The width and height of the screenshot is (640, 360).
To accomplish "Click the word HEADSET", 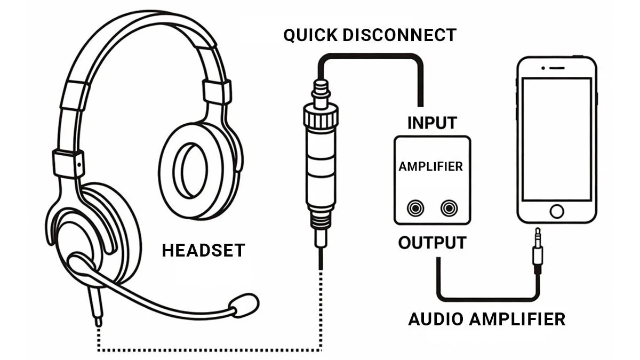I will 203,250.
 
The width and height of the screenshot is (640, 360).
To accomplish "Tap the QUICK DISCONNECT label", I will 370,35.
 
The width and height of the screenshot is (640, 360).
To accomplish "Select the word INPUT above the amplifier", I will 432,123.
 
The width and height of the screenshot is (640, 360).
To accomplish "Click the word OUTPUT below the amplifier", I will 432,243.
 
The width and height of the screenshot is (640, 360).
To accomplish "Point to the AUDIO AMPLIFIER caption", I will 486,319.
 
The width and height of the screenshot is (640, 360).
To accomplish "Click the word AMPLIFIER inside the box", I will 430,166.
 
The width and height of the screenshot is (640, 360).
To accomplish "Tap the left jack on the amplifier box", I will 415,207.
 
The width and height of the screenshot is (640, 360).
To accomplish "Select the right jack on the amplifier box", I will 449,207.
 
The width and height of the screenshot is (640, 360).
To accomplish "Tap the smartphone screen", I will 556,139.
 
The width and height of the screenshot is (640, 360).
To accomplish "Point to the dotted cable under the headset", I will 208,350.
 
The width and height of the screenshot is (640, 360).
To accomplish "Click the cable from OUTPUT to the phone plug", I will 485,298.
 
